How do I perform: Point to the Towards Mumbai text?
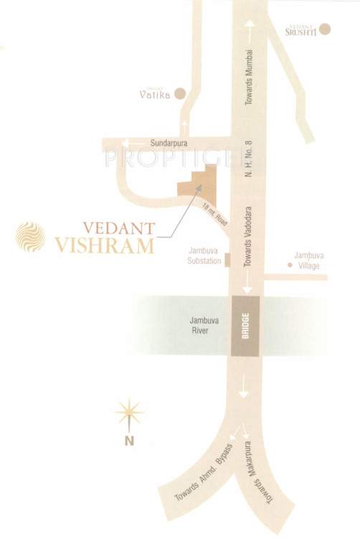(250, 78)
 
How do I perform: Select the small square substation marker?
(227, 260)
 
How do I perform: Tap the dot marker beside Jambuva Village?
(289, 265)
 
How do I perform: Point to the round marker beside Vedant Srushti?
(325, 29)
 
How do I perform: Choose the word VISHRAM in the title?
(105, 245)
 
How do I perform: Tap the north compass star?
(129, 413)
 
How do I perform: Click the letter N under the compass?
(129, 441)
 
